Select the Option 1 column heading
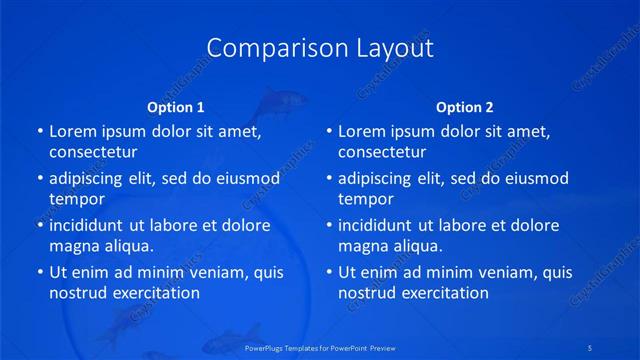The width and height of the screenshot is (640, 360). point(176,107)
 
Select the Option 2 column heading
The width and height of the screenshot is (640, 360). point(464,107)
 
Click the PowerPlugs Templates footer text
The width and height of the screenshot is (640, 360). point(320,347)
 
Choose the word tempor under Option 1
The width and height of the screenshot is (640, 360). point(77,200)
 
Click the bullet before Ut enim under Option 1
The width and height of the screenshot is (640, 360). point(39,272)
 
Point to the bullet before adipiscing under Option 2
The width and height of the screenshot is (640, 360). point(328,179)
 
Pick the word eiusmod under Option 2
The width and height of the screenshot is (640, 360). point(536,179)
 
